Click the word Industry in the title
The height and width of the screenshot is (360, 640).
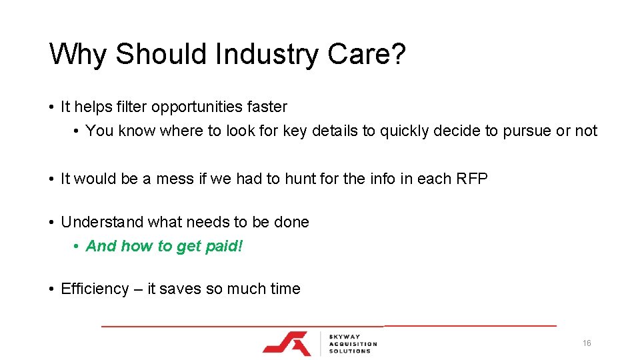coord(266,54)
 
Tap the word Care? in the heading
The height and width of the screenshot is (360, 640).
coord(366,54)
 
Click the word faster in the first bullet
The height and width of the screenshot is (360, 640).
coord(267,107)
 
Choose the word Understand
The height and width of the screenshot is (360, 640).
coord(102,221)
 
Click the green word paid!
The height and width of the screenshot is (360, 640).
coord(224,246)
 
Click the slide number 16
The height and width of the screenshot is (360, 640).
coord(586,343)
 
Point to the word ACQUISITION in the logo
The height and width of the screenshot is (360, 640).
coord(353,343)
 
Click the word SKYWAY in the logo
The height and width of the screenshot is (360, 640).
coord(345,336)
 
